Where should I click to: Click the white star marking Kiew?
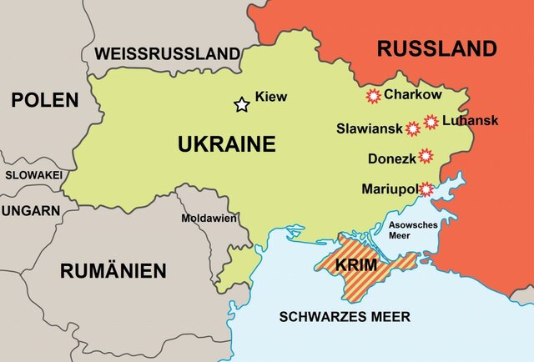click(242, 104)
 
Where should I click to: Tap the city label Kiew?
click(270, 97)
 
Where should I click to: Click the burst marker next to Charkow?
click(373, 96)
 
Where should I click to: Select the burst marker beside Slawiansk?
click(412, 128)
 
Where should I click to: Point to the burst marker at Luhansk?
click(431, 122)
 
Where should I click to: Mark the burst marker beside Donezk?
click(426, 156)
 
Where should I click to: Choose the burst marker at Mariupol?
click(426, 189)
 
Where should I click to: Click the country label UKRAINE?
click(226, 144)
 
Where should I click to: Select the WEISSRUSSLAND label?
click(167, 53)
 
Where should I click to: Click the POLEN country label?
click(44, 100)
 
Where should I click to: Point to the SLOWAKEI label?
click(33, 175)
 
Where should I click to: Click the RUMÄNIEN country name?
click(112, 270)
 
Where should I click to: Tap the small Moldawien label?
click(209, 218)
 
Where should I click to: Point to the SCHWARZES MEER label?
click(345, 317)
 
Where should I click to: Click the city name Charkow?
click(411, 95)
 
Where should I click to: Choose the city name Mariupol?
click(389, 189)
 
